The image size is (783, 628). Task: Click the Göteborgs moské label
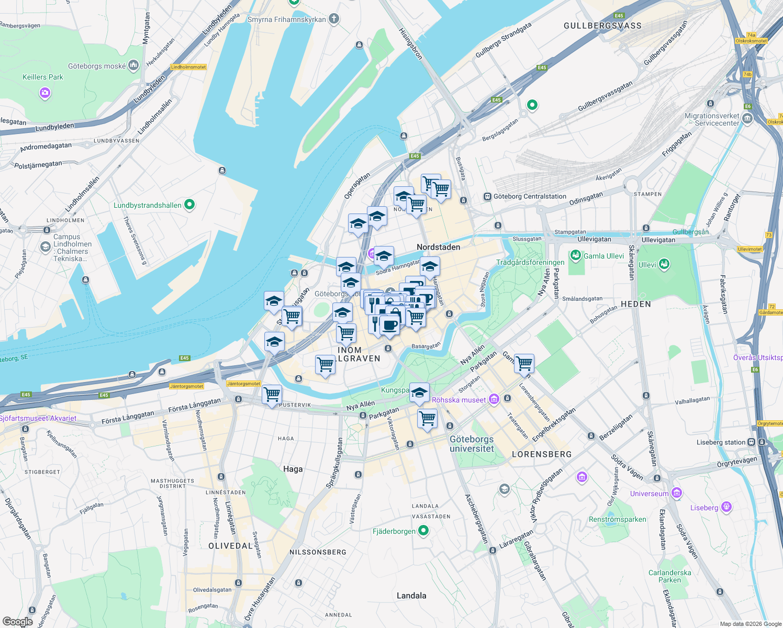click(97, 66)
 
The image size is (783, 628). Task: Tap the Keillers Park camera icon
click(45, 93)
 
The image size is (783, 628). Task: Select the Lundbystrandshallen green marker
click(189, 205)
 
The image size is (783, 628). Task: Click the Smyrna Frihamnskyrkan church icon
click(333, 19)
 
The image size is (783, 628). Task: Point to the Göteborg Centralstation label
click(530, 197)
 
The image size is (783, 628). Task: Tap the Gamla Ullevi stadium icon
click(576, 256)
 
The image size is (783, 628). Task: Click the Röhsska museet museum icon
click(494, 400)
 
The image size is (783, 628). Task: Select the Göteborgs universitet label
click(472, 444)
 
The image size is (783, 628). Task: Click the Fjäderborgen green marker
click(423, 531)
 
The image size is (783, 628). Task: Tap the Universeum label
click(649, 494)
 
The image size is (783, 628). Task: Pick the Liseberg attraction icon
click(726, 507)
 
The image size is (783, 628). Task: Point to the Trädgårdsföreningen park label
click(530, 263)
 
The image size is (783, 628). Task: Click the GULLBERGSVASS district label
click(602, 26)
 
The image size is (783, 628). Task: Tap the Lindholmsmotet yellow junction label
click(189, 67)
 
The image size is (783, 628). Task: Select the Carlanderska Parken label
click(669, 576)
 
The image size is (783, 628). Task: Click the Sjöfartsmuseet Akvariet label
click(38, 419)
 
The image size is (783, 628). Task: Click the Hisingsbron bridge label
click(411, 43)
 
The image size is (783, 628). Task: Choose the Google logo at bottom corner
click(17, 622)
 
